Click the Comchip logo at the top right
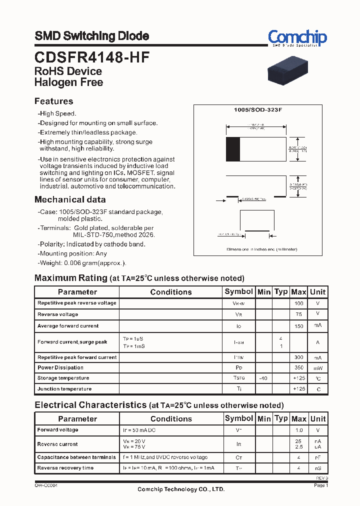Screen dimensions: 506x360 (297, 38)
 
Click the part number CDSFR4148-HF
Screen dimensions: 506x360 (91, 57)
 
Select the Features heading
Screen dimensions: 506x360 (53, 101)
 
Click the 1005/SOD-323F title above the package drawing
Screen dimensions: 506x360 (258, 109)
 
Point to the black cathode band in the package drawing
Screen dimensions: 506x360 (233, 149)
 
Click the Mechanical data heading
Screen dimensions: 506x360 (70, 199)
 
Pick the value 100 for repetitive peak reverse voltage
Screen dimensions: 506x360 (299, 303)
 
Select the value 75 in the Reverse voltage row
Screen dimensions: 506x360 (299, 314)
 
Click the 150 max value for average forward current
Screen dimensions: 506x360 (299, 326)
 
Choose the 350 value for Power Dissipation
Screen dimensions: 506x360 (299, 367)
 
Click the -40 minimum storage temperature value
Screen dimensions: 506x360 (263, 378)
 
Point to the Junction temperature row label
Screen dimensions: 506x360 (64, 389)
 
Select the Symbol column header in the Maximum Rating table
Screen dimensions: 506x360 (238, 291)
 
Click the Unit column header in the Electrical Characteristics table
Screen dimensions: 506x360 (317, 418)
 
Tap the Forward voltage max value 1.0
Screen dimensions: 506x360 (299, 430)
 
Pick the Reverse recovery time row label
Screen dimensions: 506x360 (65, 468)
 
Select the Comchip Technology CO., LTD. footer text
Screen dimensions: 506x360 (181, 489)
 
